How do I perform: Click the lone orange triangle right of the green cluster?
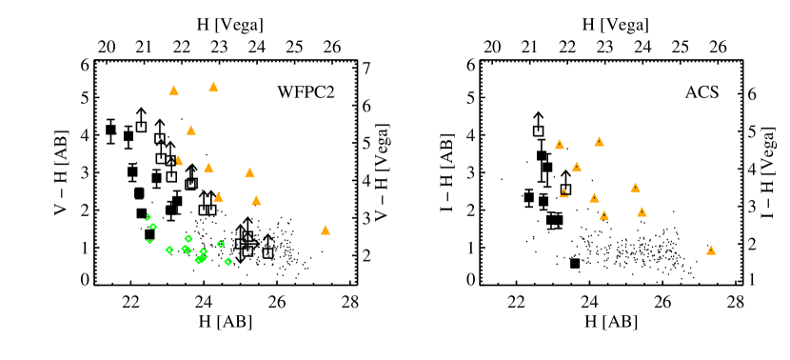(326, 230)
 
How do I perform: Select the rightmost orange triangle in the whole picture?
(711, 250)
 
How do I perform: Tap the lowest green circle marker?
(228, 262)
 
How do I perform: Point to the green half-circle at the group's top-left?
(148, 217)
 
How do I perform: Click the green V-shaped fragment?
(149, 242)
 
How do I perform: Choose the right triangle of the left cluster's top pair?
(213, 88)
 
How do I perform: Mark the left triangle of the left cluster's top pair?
(173, 91)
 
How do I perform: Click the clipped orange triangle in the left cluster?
(178, 161)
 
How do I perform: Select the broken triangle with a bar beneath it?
(563, 192)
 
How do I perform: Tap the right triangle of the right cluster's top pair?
(599, 142)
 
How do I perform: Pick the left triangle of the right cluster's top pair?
(560, 145)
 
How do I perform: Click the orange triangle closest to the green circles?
(218, 197)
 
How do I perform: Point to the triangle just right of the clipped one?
(208, 169)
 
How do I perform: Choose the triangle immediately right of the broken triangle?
(594, 198)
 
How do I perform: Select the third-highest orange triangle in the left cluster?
(190, 130)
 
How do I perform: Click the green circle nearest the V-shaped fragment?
(169, 250)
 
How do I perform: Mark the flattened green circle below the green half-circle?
(153, 227)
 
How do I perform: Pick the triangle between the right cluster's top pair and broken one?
(577, 168)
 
